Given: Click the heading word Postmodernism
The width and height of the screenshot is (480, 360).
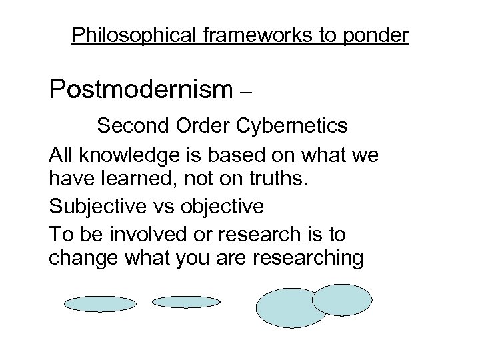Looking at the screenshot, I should [x=139, y=89].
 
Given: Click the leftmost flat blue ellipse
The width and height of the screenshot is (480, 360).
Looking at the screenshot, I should [x=100, y=304].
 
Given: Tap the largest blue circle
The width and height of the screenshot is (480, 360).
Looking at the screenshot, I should [x=291, y=308].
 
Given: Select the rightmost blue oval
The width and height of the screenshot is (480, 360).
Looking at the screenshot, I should [x=342, y=299].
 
